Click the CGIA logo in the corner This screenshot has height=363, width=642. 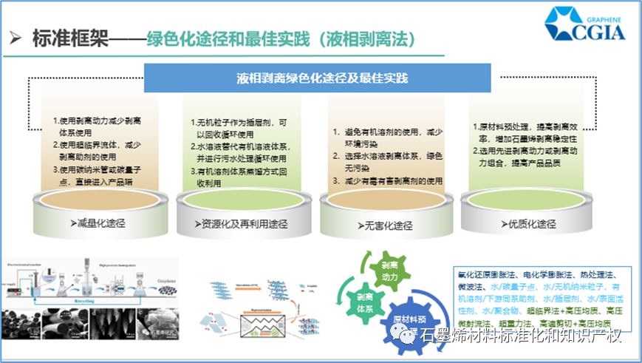tap(584, 24)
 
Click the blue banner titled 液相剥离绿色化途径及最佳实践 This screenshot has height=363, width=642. tap(318, 78)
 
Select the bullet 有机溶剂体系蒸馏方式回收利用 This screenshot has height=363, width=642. tap(234, 177)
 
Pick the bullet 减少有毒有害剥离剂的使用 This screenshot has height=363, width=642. tap(387, 180)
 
